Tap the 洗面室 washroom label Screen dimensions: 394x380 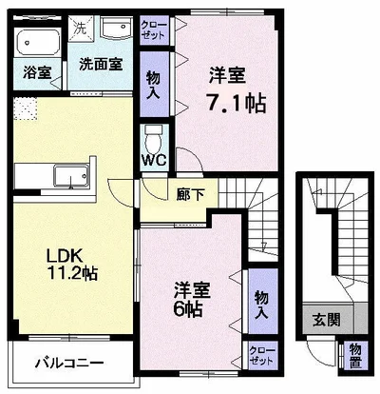99,65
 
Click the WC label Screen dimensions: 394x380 152,160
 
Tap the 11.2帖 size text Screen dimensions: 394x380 76,274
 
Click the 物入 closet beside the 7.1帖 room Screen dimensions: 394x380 152,84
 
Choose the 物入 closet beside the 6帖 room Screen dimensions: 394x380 260,304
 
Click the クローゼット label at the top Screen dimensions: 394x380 152,28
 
